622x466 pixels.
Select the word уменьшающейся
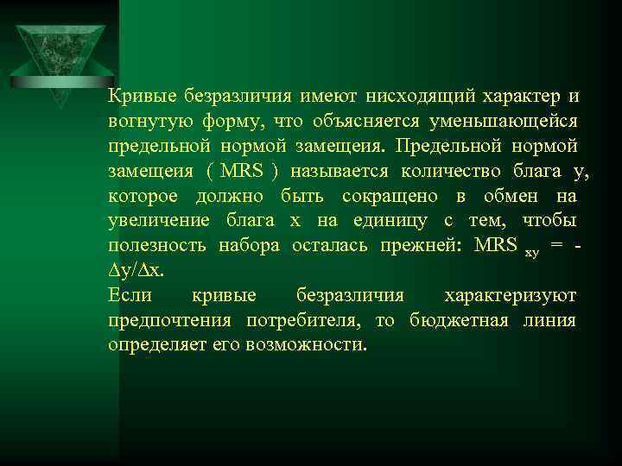click(512, 120)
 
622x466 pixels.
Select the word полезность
click(157, 245)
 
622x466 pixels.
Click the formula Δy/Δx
click(136, 270)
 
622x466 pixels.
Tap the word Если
click(130, 295)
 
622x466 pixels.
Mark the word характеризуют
click(510, 295)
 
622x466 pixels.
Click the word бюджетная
click(462, 320)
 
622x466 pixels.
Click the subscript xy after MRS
click(532, 253)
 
